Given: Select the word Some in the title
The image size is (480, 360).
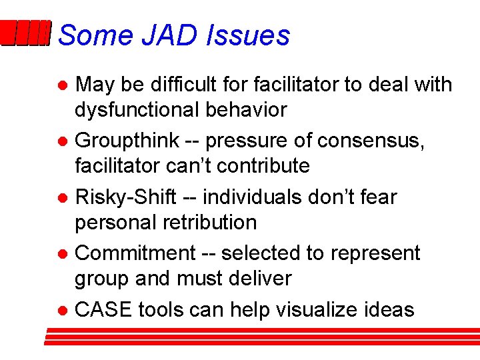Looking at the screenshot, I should (96, 35).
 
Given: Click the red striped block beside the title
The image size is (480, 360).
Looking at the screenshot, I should (25, 33).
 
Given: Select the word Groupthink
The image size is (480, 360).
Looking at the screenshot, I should (127, 141).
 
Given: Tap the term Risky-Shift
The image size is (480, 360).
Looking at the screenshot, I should (125, 197).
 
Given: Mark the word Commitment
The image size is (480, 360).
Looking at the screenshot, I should (136, 253).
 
